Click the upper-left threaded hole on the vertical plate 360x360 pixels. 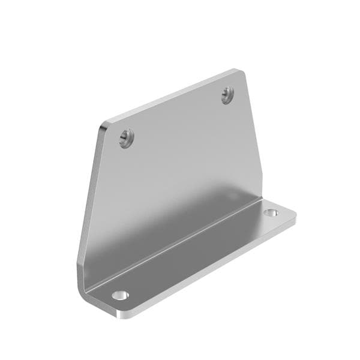(125, 138)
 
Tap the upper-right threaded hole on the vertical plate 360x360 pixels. (227, 95)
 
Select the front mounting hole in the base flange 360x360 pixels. (121, 295)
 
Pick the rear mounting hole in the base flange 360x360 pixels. (271, 212)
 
